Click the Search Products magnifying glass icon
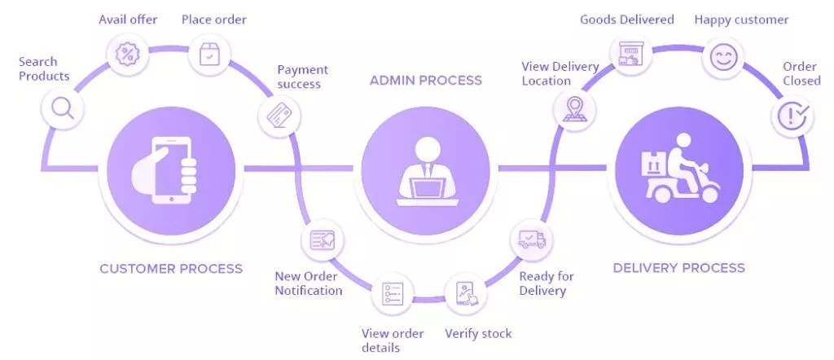tap(62, 107)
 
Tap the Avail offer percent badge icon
tap(128, 55)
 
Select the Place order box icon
tap(210, 55)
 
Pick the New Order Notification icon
tap(322, 240)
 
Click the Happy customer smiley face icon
tap(721, 57)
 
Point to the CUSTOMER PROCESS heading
tap(171, 268)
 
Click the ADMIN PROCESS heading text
tap(425, 80)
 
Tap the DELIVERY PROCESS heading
tap(678, 267)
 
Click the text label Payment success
tap(299, 77)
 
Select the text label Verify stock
tap(478, 333)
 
